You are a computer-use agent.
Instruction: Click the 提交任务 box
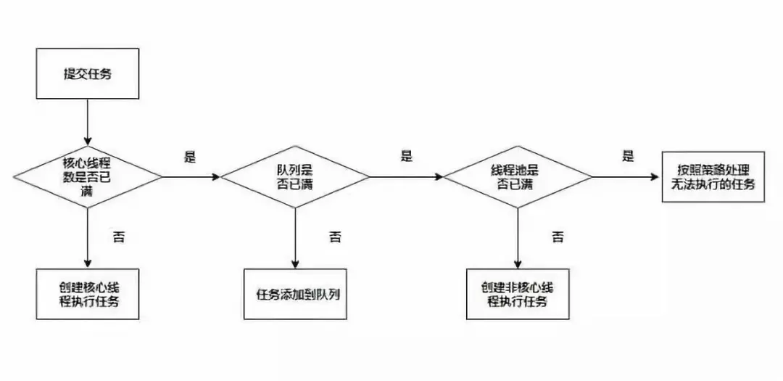tap(88, 73)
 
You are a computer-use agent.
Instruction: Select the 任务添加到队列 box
tap(295, 295)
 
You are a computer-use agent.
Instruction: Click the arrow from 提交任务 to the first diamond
tap(88, 121)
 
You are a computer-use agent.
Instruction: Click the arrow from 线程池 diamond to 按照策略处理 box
tap(627, 176)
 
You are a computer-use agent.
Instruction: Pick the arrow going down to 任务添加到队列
tap(295, 239)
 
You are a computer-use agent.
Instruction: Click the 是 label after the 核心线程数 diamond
tap(190, 157)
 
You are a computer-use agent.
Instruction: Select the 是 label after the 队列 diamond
tap(407, 157)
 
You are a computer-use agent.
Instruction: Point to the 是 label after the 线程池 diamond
tap(628, 157)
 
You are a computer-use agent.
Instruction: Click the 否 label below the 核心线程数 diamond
tap(119, 237)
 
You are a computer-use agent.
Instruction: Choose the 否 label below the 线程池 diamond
tap(558, 237)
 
